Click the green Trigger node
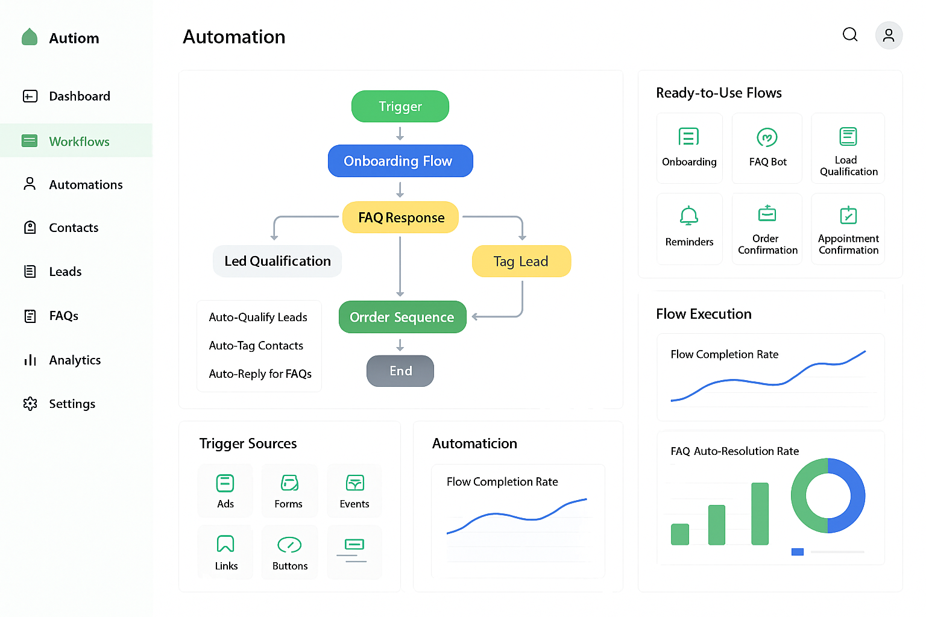tap(400, 107)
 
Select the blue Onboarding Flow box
tap(400, 161)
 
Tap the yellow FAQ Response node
tap(400, 218)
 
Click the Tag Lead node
tap(521, 261)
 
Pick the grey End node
tap(400, 371)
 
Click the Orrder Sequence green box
tap(402, 317)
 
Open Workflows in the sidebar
tap(78, 141)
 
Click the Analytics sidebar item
tap(74, 360)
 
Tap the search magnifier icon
tap(850, 35)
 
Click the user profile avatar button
tap(889, 36)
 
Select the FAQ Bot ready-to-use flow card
tap(767, 148)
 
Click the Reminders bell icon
tap(689, 216)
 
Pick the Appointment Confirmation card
tap(848, 229)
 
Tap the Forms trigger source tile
tap(289, 490)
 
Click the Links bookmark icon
tap(225, 543)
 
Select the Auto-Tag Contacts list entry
tap(256, 345)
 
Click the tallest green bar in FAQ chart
tap(760, 513)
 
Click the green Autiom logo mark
tap(30, 37)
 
